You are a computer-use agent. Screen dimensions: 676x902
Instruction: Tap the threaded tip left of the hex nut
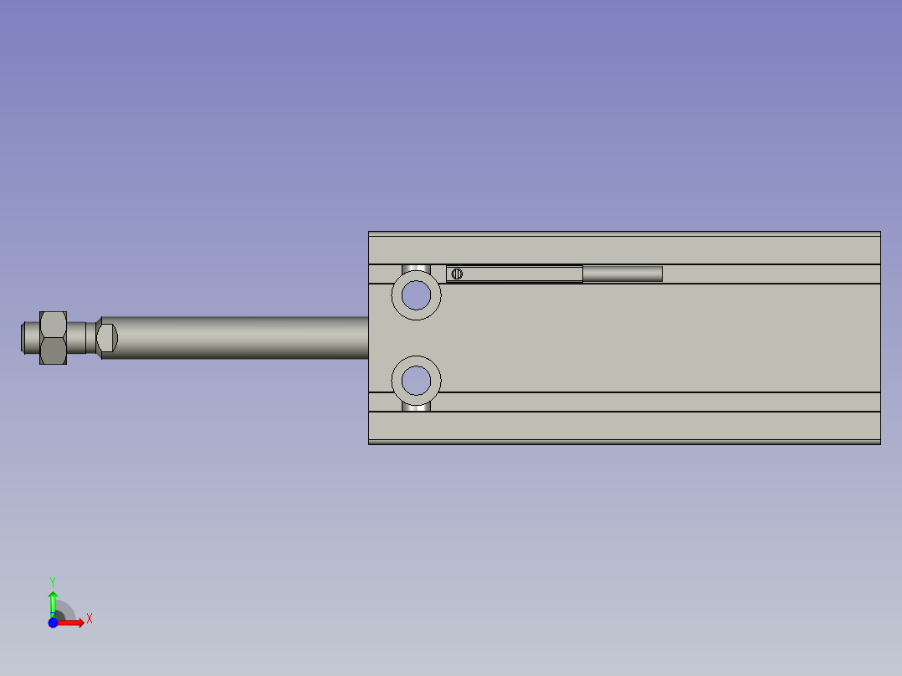[29, 337]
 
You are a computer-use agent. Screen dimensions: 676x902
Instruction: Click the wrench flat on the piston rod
[108, 337]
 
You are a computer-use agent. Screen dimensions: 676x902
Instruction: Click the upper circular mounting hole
[416, 294]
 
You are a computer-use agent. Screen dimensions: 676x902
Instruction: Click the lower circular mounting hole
[416, 381]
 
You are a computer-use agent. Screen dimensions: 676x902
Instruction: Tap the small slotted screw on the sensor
[457, 274]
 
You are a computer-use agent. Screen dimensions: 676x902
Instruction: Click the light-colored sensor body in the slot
[519, 274]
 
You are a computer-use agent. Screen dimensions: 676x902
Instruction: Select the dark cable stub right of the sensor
[623, 274]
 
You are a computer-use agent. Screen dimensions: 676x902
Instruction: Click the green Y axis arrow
[53, 600]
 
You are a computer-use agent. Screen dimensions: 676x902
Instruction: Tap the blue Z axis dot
[53, 622]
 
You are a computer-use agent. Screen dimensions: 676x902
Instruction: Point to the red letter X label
[90, 619]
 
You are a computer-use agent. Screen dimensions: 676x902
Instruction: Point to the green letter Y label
[52, 580]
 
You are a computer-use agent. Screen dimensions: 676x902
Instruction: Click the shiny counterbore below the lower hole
[416, 407]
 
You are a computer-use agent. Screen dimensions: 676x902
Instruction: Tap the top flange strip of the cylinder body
[624, 248]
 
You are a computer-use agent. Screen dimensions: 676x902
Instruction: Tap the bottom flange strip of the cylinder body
[624, 426]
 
